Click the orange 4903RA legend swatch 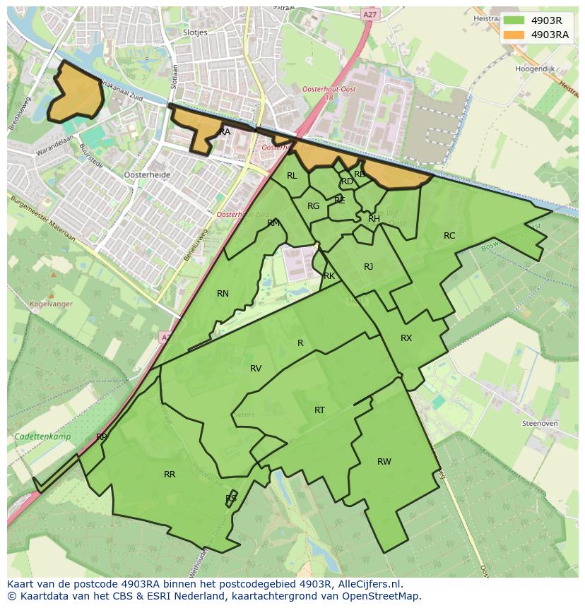(x=514, y=35)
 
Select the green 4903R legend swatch (x=514, y=20)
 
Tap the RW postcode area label (x=384, y=462)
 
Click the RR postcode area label (x=170, y=475)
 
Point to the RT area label (x=319, y=410)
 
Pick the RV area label (x=256, y=369)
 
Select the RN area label (x=223, y=294)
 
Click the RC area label (x=449, y=236)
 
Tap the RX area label (x=406, y=338)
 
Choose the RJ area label (x=368, y=267)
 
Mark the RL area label (x=292, y=177)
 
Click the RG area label (x=314, y=206)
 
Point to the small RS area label (x=231, y=499)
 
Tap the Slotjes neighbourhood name (x=194, y=32)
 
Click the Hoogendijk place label (x=534, y=70)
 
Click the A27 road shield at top (x=369, y=14)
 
